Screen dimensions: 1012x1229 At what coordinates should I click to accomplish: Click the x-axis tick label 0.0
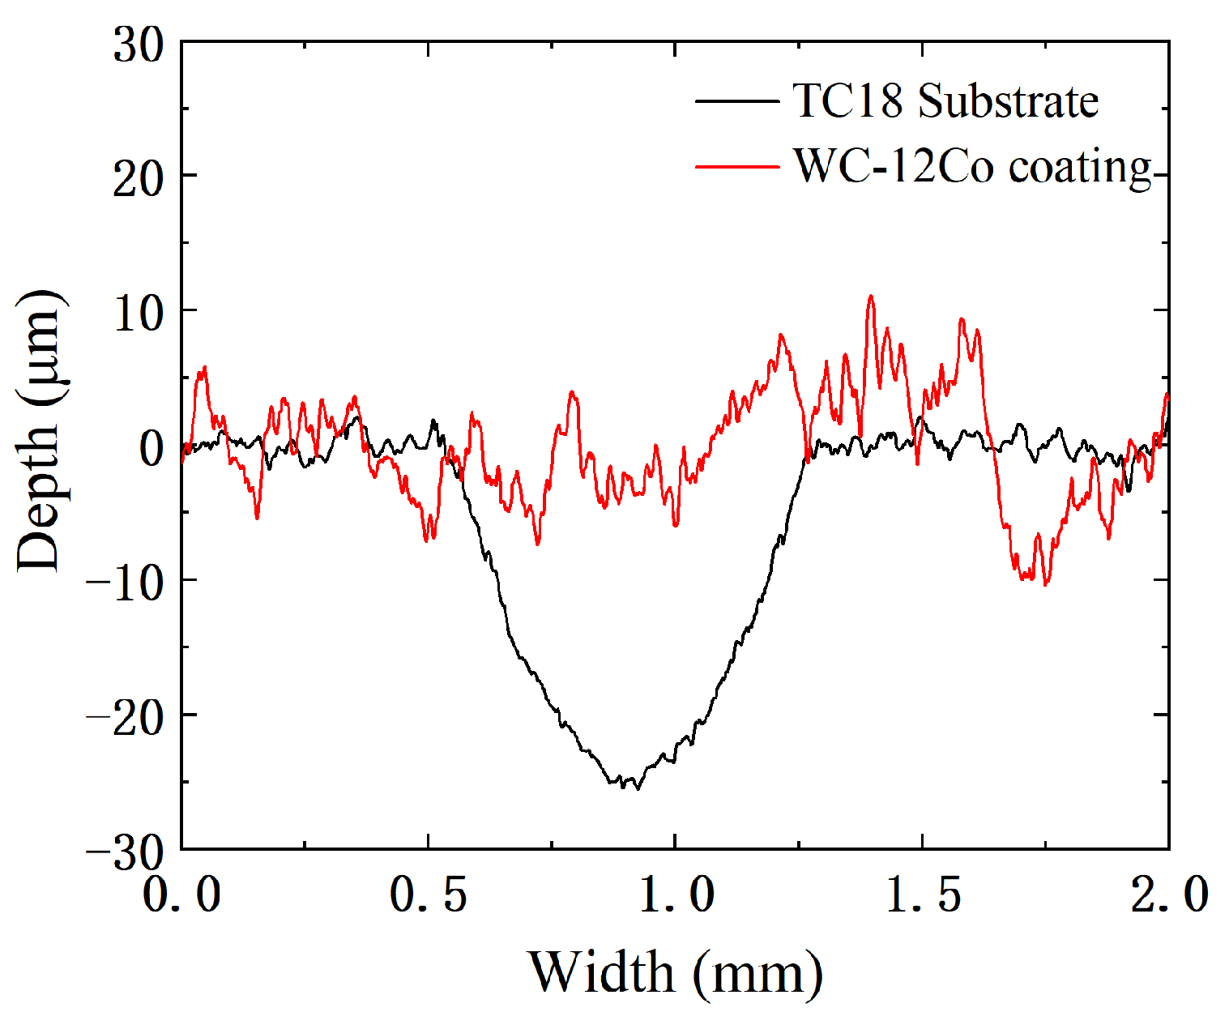click(182, 895)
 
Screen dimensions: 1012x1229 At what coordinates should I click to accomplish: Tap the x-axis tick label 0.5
click(429, 895)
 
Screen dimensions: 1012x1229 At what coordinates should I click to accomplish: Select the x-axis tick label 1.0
click(676, 895)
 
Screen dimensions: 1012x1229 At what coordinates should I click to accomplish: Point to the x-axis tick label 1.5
click(923, 895)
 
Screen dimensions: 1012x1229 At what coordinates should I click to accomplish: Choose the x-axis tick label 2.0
click(1169, 895)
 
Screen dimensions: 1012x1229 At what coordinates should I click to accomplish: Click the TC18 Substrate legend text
click(945, 101)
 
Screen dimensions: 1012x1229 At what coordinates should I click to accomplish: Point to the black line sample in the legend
click(736, 101)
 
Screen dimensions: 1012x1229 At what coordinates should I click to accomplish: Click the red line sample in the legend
click(736, 167)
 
